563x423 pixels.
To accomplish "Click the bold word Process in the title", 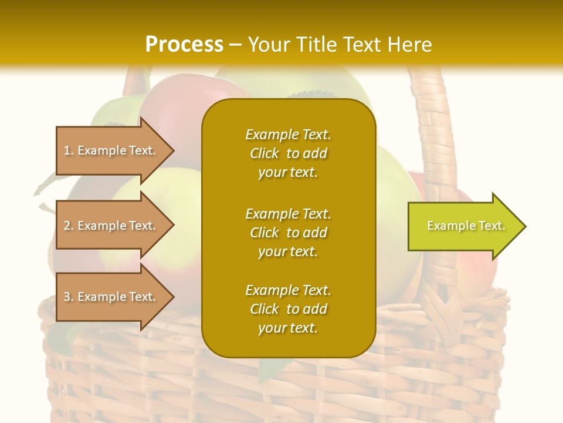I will pyautogui.click(x=184, y=45).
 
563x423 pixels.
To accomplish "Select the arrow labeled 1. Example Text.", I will pyautogui.click(x=111, y=150).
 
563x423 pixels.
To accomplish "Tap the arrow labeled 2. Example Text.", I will pyautogui.click(x=111, y=226).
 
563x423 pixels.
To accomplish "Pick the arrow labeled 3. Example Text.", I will pyautogui.click(x=111, y=297).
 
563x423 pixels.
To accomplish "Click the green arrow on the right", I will pyautogui.click(x=463, y=226).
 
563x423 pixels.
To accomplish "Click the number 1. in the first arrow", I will pyautogui.click(x=69, y=150).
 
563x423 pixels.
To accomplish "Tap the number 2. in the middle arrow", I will pyautogui.click(x=69, y=226).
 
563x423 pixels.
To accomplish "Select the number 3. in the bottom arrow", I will pyautogui.click(x=69, y=297).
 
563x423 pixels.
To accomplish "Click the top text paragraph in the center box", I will pyautogui.click(x=288, y=153).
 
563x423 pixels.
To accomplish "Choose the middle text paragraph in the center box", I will pyautogui.click(x=288, y=233).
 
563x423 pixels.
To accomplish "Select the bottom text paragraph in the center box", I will pyautogui.click(x=288, y=309).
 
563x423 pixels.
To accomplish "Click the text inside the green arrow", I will pyautogui.click(x=466, y=226).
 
